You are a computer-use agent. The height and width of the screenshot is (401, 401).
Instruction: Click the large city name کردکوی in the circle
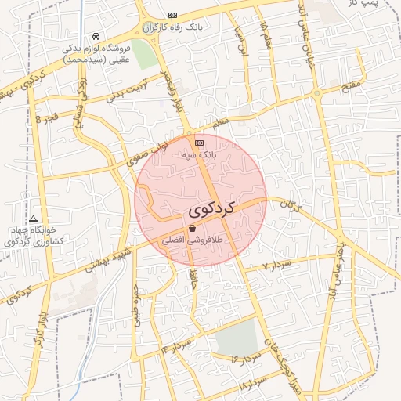(x=211, y=211)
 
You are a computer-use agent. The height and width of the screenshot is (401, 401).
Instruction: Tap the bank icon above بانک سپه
(x=199, y=143)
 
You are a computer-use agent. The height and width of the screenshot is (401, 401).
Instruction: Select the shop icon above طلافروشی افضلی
(x=192, y=228)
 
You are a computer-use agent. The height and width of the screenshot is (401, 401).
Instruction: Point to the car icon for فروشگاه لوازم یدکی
(x=95, y=36)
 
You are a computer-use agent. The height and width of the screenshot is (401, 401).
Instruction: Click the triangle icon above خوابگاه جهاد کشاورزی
(x=33, y=219)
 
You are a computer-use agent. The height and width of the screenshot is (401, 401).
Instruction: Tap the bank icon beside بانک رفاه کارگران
(x=172, y=15)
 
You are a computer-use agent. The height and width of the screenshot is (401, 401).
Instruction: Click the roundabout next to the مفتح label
(x=316, y=93)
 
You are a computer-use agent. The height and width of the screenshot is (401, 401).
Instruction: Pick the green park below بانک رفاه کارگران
(x=143, y=53)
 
